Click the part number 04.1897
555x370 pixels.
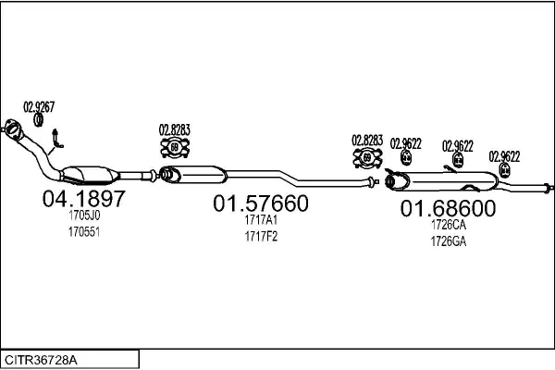click(x=83, y=198)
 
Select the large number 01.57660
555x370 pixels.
click(x=261, y=203)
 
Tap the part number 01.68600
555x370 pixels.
click(x=448, y=208)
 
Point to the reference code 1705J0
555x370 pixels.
click(x=83, y=216)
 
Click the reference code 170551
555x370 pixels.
click(x=83, y=230)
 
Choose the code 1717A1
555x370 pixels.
click(x=261, y=220)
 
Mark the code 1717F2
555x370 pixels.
click(x=261, y=236)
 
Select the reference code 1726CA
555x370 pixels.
click(x=448, y=225)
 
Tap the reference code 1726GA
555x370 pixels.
click(x=448, y=241)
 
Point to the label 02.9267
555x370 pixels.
click(x=39, y=105)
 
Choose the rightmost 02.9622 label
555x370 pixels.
click(x=504, y=156)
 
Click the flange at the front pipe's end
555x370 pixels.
click(x=13, y=128)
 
